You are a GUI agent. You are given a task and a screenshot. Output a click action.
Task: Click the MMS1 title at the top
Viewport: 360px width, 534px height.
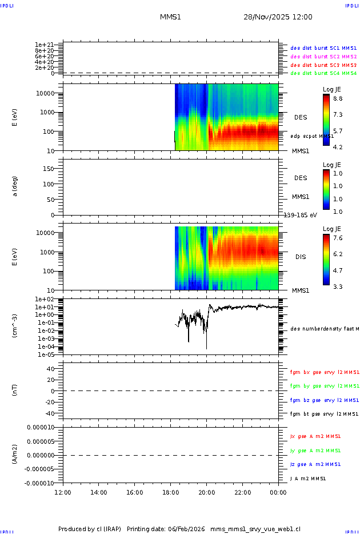pos(170,17)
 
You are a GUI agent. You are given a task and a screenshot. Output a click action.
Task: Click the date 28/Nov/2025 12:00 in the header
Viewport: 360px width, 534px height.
pos(278,17)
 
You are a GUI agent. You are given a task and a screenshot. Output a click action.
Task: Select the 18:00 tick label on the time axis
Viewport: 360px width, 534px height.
pos(171,492)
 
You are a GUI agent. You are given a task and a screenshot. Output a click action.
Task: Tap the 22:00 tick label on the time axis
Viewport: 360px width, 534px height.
pos(243,492)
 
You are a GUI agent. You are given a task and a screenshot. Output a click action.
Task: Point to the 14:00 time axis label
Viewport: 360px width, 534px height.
pos(99,492)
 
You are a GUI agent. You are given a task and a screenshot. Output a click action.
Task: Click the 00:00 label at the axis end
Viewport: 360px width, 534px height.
pos(278,492)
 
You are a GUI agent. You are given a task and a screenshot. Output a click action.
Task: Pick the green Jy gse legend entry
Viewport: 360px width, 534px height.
pos(315,451)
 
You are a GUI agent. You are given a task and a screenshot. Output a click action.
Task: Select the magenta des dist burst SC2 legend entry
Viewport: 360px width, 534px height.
pos(323,57)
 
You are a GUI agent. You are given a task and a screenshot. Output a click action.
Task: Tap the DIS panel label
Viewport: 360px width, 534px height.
pos(301,257)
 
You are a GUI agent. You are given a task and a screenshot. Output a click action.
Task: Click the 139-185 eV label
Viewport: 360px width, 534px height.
pos(301,215)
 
